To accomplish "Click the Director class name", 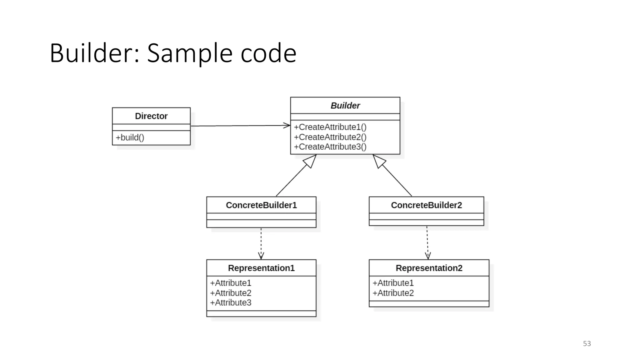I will (x=151, y=116).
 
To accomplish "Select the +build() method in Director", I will (x=130, y=137).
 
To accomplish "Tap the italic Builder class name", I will (x=345, y=106).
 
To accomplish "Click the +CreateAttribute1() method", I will (x=330, y=127).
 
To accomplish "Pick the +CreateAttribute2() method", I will (x=330, y=137).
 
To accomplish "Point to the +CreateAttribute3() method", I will (x=330, y=147).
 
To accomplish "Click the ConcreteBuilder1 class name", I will (x=261, y=205).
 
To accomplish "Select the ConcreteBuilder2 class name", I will (x=426, y=205).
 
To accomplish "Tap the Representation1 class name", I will (x=261, y=268).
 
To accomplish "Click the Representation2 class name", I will (x=429, y=268).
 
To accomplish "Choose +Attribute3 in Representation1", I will (x=231, y=303).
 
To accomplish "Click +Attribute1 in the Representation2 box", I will (x=393, y=283).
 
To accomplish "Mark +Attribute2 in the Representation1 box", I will (x=231, y=293).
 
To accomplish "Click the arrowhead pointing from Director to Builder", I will (x=287, y=126).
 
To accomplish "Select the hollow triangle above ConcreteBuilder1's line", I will (x=310, y=161).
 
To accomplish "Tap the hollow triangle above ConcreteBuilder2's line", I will (x=379, y=161).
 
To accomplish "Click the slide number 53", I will (x=587, y=344).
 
